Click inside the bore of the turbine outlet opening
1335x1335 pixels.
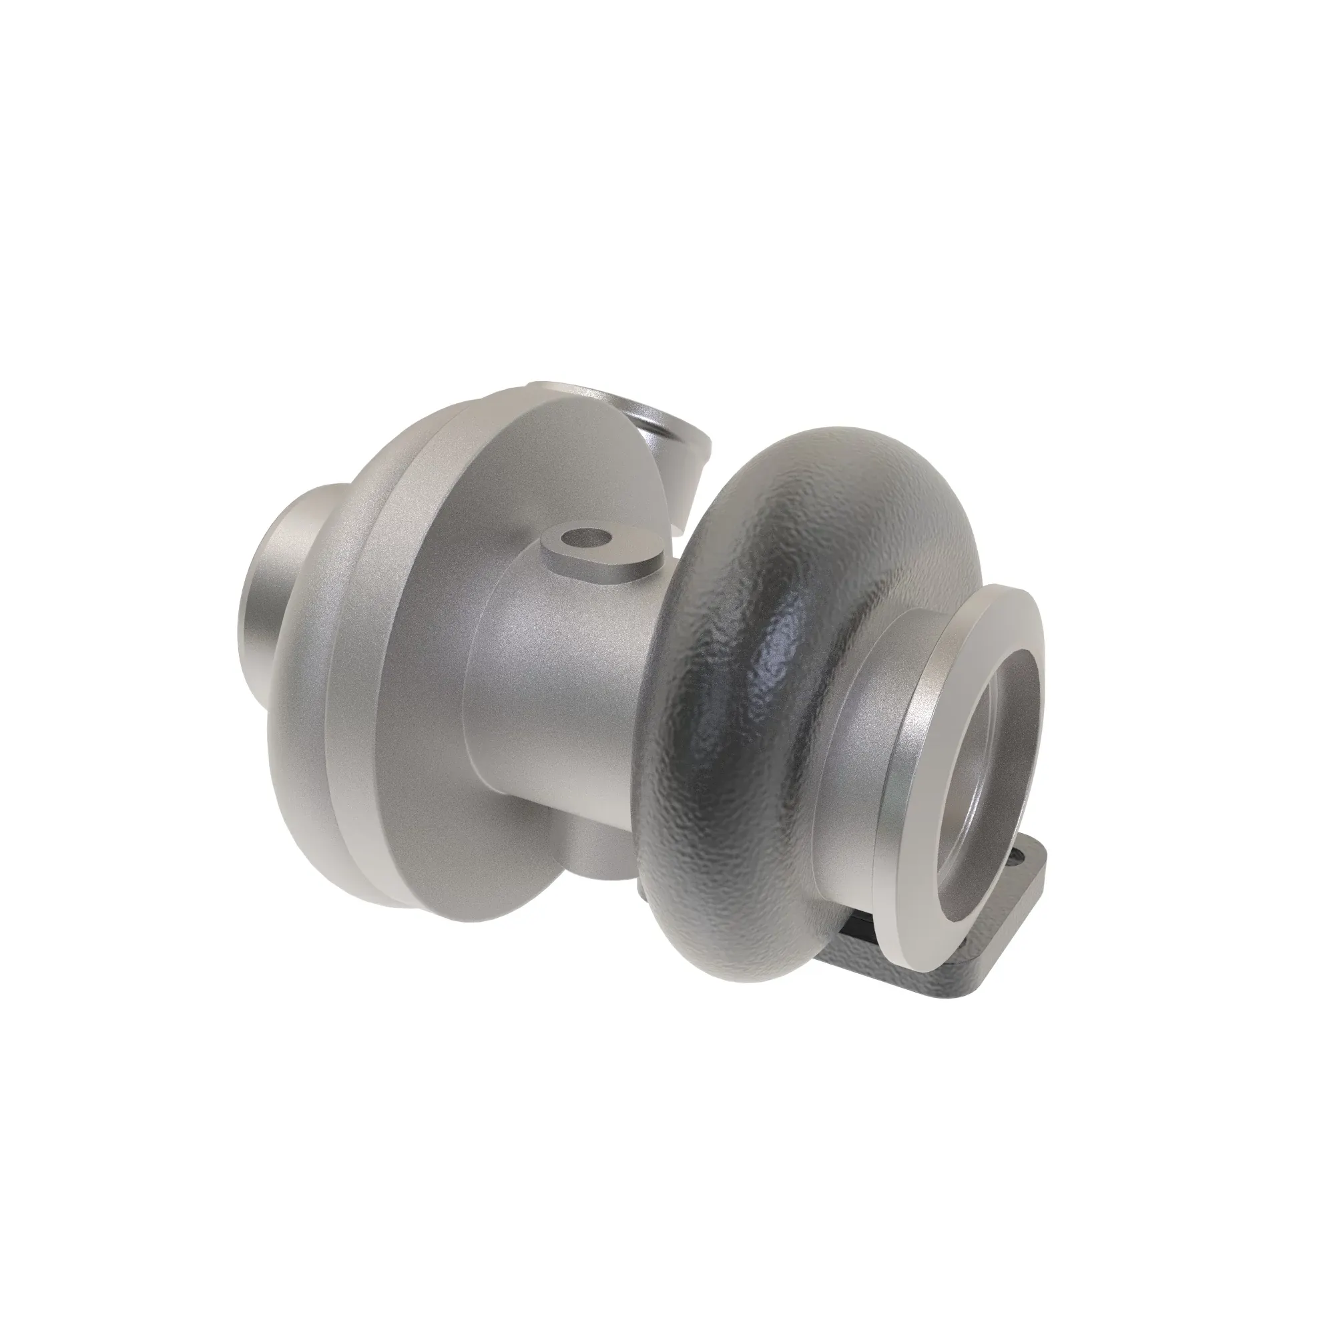995,774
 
